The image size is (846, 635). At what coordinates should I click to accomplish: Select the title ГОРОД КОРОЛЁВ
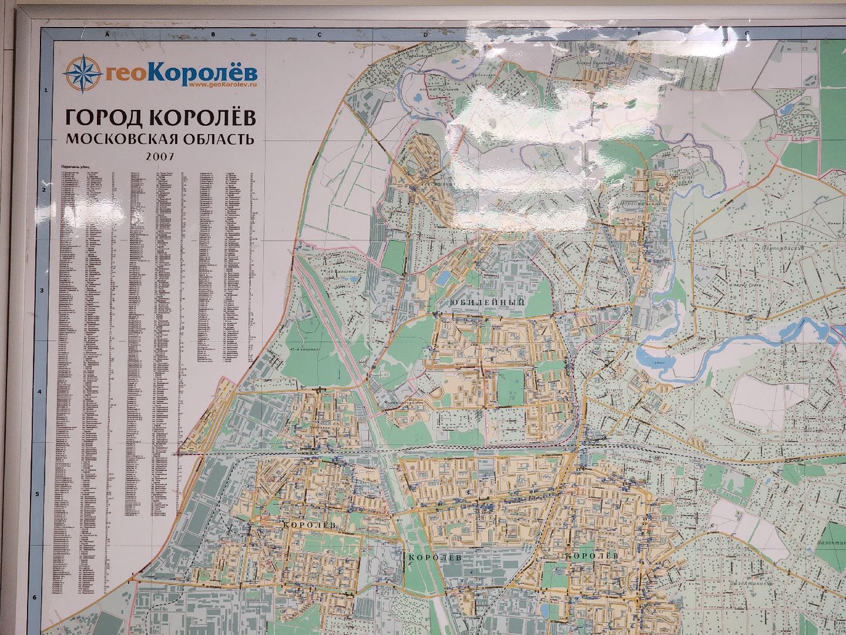point(160,118)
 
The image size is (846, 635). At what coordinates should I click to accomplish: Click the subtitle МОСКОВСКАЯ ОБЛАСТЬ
point(160,139)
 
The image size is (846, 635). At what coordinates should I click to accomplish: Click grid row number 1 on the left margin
point(45,90)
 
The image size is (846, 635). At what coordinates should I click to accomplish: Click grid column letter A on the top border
point(107,34)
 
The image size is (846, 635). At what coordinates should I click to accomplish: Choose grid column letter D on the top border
point(425,34)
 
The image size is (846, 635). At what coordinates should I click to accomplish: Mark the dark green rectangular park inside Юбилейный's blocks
point(509,387)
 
